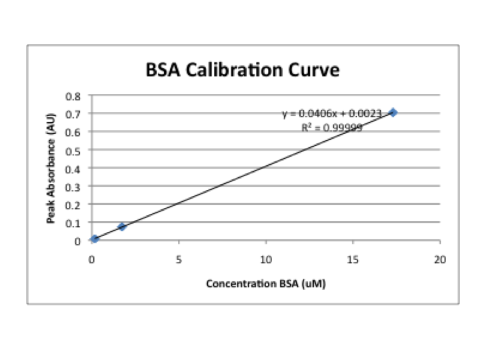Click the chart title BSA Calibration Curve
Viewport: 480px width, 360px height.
coord(243,70)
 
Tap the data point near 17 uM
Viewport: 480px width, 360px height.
coord(393,113)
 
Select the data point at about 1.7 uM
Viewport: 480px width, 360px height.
coord(122,227)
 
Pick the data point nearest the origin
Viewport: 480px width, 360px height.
coord(95,239)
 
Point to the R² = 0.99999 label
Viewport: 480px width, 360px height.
coord(332,127)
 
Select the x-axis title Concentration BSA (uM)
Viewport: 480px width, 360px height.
coord(266,283)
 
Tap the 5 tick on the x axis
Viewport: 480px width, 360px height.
coord(179,258)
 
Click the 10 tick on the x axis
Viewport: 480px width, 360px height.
coord(265,258)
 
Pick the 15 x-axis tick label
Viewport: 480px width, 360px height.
coord(353,258)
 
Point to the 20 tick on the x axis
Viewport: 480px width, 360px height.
coord(439,258)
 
